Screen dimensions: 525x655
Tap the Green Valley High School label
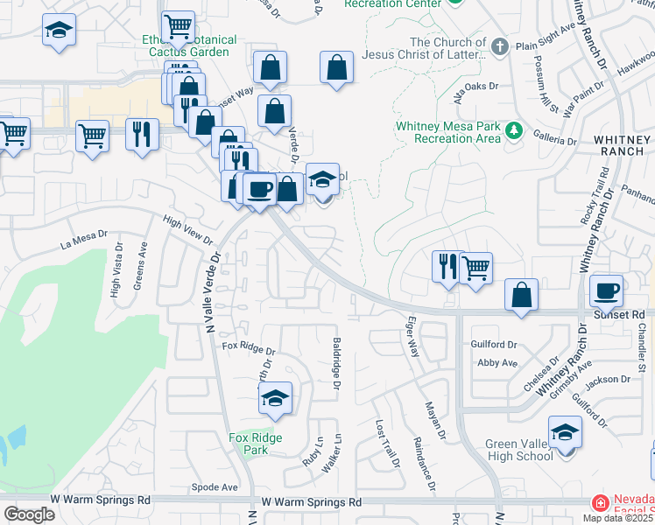pos(519,450)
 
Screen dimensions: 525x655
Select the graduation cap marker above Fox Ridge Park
pos(276,399)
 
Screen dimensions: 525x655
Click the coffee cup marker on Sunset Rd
pos(606,290)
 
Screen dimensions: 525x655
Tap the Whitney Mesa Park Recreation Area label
pos(447,132)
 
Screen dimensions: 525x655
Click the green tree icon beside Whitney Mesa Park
pos(513,131)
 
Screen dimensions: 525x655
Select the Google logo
pos(29,514)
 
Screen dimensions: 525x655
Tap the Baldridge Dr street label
pos(336,363)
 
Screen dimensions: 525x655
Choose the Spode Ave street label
pos(216,486)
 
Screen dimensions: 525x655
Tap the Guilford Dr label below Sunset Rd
pos(495,344)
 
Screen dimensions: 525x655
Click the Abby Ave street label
pos(497,362)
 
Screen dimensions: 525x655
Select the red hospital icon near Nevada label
pos(600,504)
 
